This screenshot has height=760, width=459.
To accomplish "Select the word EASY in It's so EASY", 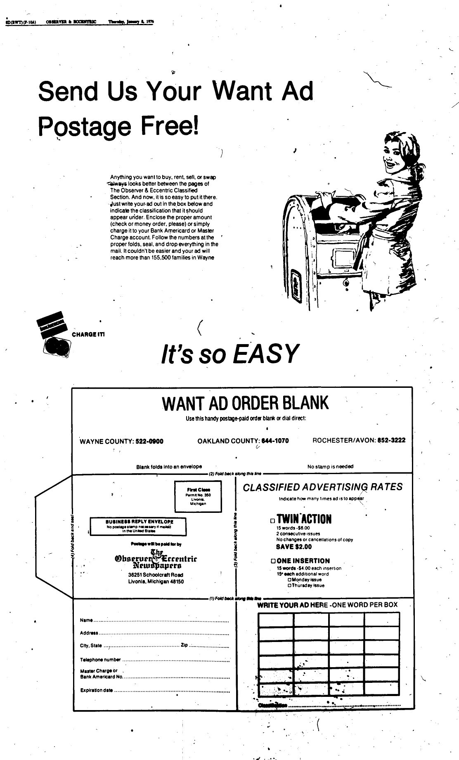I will [264, 354].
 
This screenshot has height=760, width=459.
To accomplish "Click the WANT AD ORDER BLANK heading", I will [245, 403].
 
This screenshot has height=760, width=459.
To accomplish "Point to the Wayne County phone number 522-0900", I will [149, 441].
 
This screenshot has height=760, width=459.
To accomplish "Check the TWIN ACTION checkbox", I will [272, 520].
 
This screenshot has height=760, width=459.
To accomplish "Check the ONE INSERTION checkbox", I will [273, 561].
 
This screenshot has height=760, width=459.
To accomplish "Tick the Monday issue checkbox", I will [289, 580].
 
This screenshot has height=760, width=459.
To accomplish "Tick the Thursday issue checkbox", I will [289, 585].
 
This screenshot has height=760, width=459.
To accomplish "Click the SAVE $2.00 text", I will [294, 547].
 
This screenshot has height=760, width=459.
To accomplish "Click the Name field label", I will [86, 621].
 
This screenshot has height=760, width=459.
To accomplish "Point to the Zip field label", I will [184, 645].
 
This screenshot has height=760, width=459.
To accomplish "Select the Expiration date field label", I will [97, 691].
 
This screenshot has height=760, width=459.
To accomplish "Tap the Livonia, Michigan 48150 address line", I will [156, 581].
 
